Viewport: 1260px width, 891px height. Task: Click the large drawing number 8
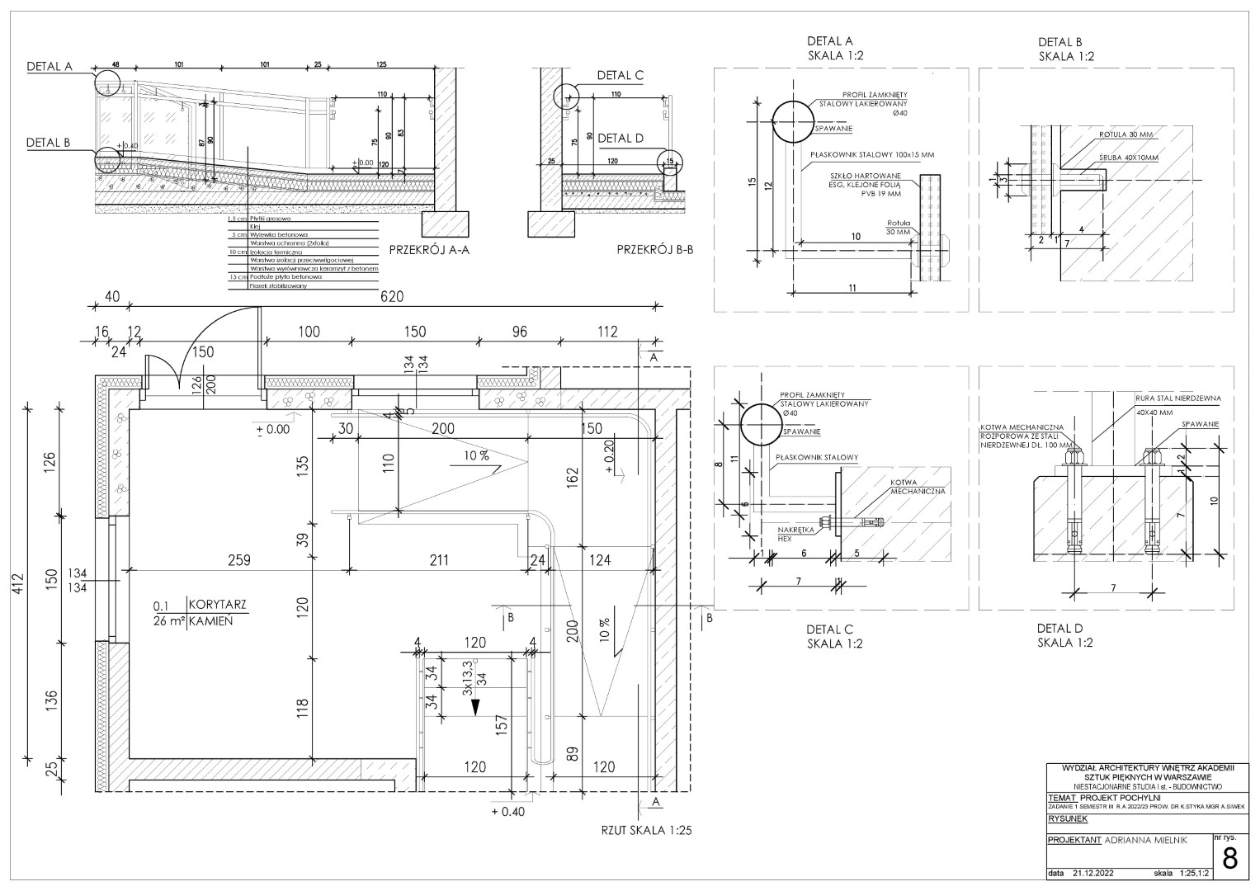click(x=1229, y=859)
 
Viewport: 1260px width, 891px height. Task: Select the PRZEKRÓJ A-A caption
click(x=429, y=251)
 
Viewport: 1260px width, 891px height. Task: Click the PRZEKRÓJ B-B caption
click(x=654, y=251)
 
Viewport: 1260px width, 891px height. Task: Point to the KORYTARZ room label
click(x=218, y=605)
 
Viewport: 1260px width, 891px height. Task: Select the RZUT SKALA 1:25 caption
click(x=645, y=831)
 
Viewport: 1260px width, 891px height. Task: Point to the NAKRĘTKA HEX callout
click(x=797, y=533)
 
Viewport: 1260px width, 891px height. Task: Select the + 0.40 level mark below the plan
click(x=507, y=811)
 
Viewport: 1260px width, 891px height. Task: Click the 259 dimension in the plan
click(x=238, y=560)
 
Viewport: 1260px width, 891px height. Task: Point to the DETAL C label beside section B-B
click(x=621, y=75)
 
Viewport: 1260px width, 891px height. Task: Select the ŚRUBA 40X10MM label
click(x=1128, y=158)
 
